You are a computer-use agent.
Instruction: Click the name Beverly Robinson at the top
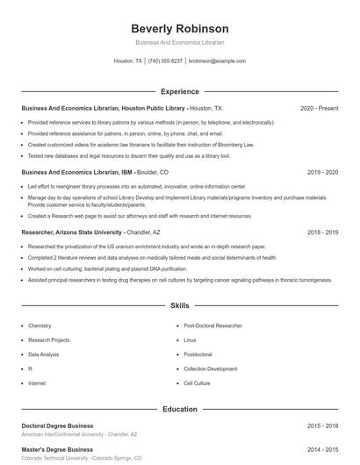click(179, 28)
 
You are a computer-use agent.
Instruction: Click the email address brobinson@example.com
click(217, 61)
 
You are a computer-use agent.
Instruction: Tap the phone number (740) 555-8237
click(165, 61)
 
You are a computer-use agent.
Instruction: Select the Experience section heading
click(179, 91)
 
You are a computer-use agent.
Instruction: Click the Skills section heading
click(179, 306)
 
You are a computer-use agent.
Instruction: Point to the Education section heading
click(179, 409)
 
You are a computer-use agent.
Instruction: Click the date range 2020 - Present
click(319, 108)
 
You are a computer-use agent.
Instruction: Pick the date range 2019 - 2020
click(322, 173)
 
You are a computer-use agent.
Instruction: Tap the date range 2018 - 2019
click(322, 232)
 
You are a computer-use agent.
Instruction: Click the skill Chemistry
click(40, 325)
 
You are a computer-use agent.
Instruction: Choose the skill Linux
click(190, 340)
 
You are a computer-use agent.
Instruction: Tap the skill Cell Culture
click(197, 383)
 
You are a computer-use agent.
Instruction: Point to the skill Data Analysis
click(44, 354)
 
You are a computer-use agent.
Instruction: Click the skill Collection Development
click(210, 368)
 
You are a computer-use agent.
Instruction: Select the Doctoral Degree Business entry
click(57, 426)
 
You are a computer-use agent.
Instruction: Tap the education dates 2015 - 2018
click(322, 426)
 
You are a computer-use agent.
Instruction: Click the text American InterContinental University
click(62, 434)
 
